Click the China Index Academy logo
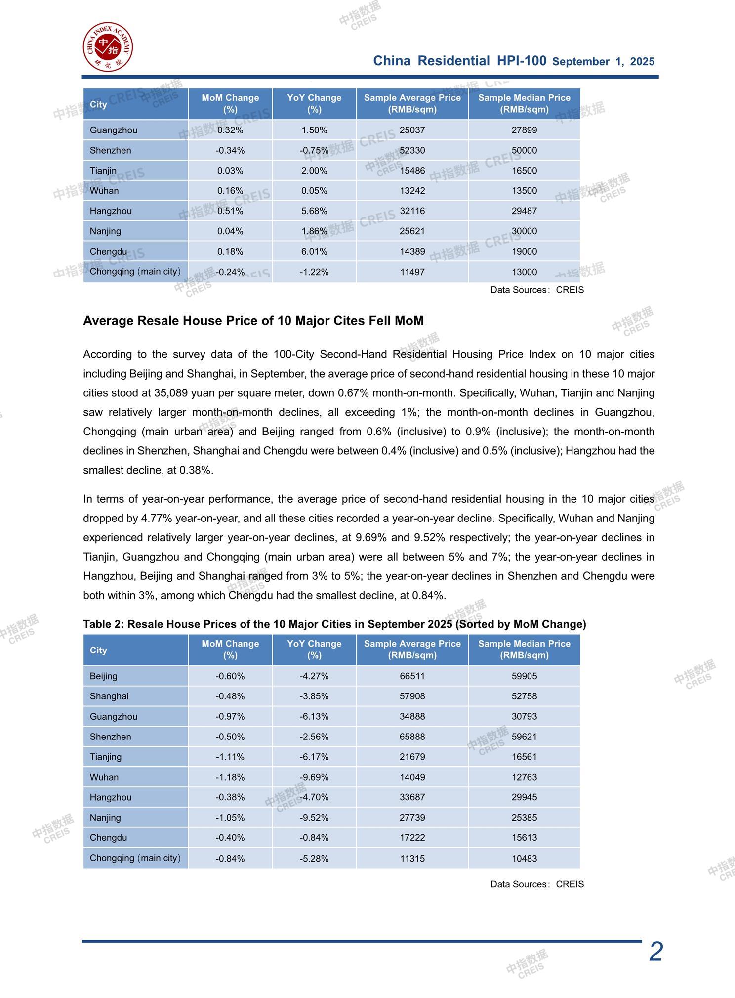108,46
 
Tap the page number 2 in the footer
655,952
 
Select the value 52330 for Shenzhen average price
412,150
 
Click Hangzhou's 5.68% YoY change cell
314,211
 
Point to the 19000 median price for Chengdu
524,252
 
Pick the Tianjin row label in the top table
103,171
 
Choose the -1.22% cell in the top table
314,272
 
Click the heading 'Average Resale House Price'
253,321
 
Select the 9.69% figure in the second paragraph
372,537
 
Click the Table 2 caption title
334,624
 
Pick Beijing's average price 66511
412,676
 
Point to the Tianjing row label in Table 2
106,757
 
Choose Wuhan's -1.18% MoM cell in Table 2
230,777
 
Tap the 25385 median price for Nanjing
524,818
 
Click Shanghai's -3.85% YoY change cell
314,696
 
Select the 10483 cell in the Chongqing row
524,859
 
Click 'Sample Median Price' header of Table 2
524,650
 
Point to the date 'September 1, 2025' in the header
603,62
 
